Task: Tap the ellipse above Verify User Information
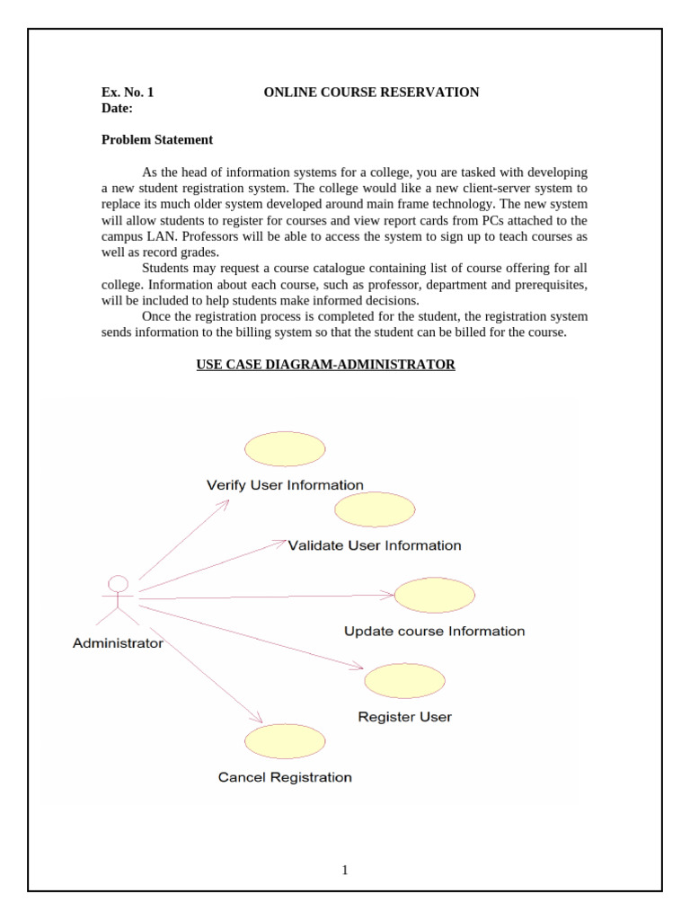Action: [285, 449]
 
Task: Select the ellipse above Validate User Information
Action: [375, 509]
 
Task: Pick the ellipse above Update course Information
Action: [435, 596]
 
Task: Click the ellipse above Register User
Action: [404, 681]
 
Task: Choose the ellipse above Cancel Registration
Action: [285, 740]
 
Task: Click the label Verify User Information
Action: [285, 485]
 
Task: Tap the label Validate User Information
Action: [375, 545]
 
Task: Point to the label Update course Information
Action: [435, 632]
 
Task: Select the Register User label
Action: [404, 717]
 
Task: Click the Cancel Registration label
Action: [285, 777]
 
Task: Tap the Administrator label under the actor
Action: [118, 643]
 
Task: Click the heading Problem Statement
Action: [157, 139]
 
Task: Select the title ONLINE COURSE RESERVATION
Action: [371, 92]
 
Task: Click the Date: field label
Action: [117, 108]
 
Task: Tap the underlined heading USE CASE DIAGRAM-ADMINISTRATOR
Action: [326, 365]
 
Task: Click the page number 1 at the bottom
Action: [345, 870]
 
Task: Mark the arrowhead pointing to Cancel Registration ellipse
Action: [258, 719]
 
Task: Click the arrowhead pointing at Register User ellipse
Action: [359, 667]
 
